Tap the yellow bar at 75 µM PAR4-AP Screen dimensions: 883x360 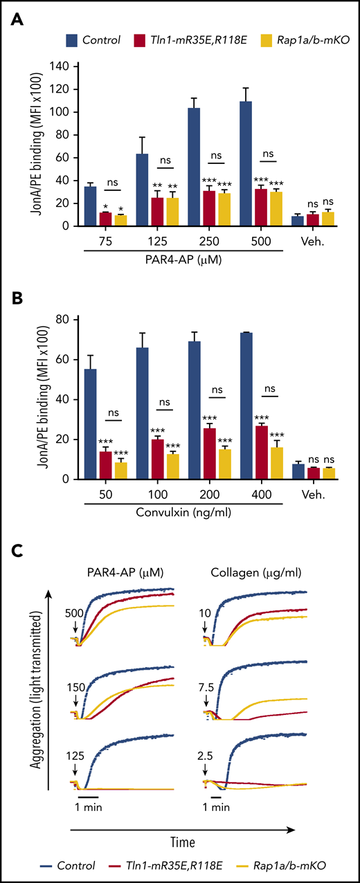120,220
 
